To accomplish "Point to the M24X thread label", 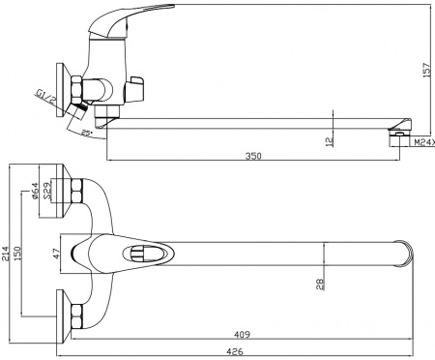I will coord(422,143).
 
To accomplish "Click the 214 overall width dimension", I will coord(8,254).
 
